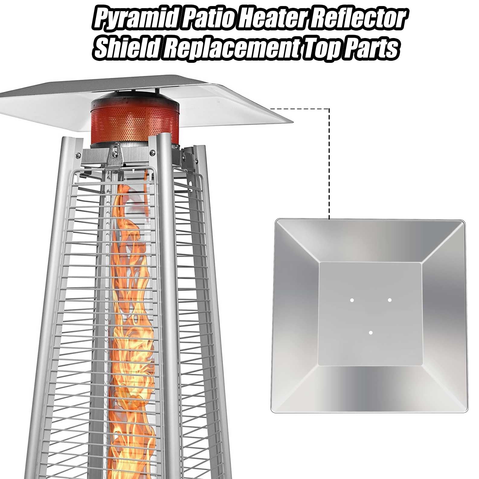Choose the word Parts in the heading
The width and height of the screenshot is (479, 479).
pyautogui.click(x=371, y=48)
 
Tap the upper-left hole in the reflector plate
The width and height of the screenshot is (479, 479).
pyautogui.click(x=352, y=300)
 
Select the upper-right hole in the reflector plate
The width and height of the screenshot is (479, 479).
pyautogui.click(x=390, y=300)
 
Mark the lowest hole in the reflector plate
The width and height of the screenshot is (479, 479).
pyautogui.click(x=371, y=333)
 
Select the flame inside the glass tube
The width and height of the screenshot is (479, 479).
pyautogui.click(x=133, y=302)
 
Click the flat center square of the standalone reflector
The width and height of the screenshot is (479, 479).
pyautogui.click(x=370, y=314)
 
